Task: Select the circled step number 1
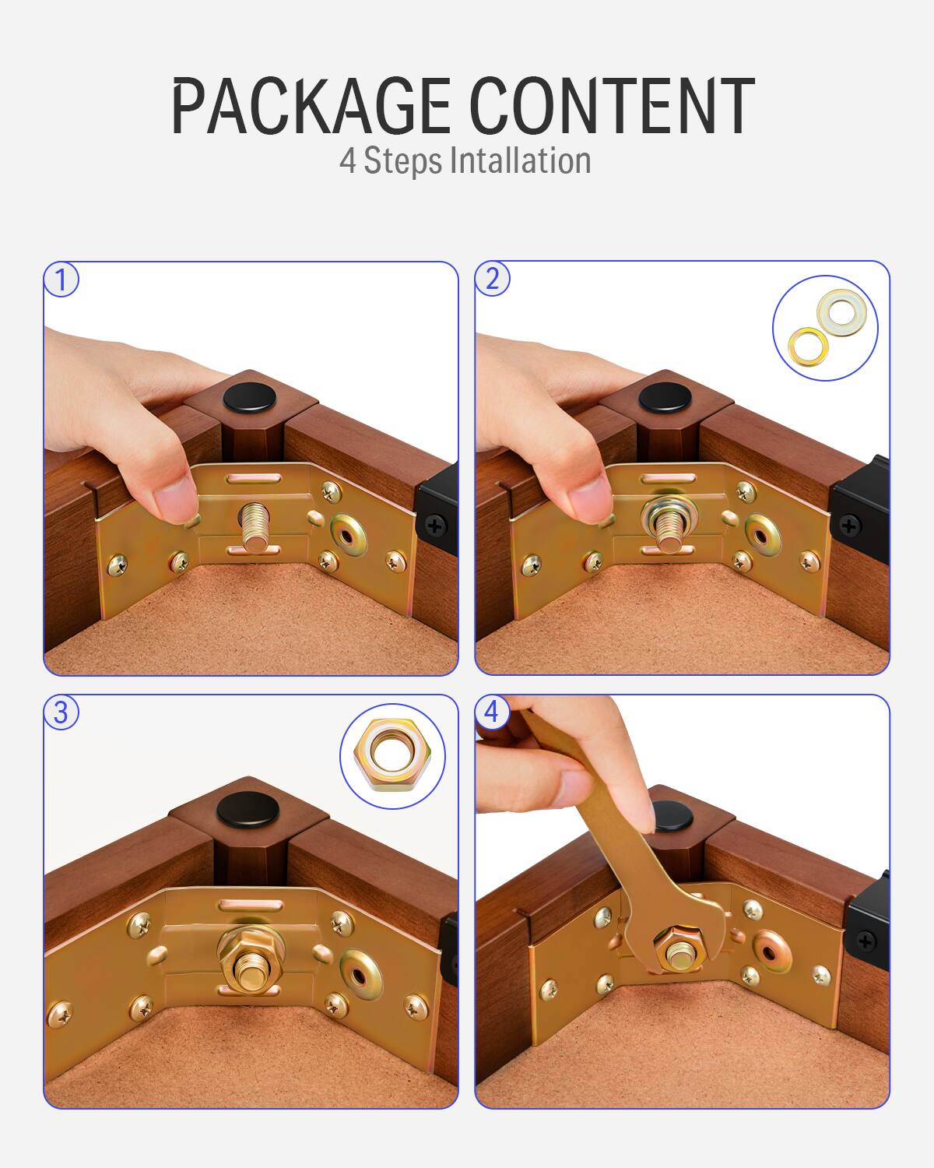(x=61, y=280)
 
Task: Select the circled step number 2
(x=493, y=279)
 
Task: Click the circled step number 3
(x=61, y=712)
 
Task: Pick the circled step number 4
(x=492, y=712)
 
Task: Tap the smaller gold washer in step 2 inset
(x=809, y=343)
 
